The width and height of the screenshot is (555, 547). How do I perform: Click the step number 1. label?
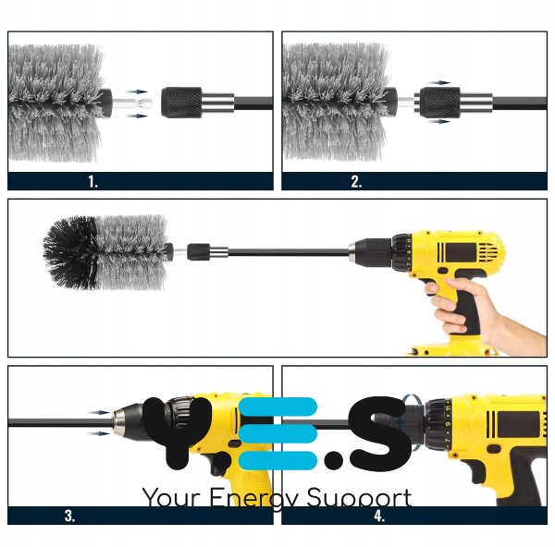(x=92, y=182)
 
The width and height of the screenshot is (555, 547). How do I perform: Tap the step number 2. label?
(x=356, y=182)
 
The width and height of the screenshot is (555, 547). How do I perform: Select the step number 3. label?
(x=70, y=516)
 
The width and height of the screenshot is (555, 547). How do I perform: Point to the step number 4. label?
(x=379, y=516)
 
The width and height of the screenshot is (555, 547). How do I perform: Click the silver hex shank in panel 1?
(x=132, y=103)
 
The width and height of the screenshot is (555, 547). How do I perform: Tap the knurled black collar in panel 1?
(x=181, y=103)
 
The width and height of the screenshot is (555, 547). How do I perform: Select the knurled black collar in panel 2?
(x=440, y=103)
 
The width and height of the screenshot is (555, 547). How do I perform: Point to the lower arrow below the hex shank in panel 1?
(x=137, y=115)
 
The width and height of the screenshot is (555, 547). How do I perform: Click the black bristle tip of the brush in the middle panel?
(x=70, y=252)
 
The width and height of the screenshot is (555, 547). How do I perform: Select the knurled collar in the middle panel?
(x=198, y=252)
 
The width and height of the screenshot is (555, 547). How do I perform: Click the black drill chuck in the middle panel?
(x=372, y=252)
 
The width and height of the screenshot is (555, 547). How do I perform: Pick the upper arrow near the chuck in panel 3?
(x=99, y=412)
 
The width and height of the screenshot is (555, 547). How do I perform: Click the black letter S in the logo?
(x=379, y=433)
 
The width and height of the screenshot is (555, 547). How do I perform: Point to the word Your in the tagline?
(x=172, y=497)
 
